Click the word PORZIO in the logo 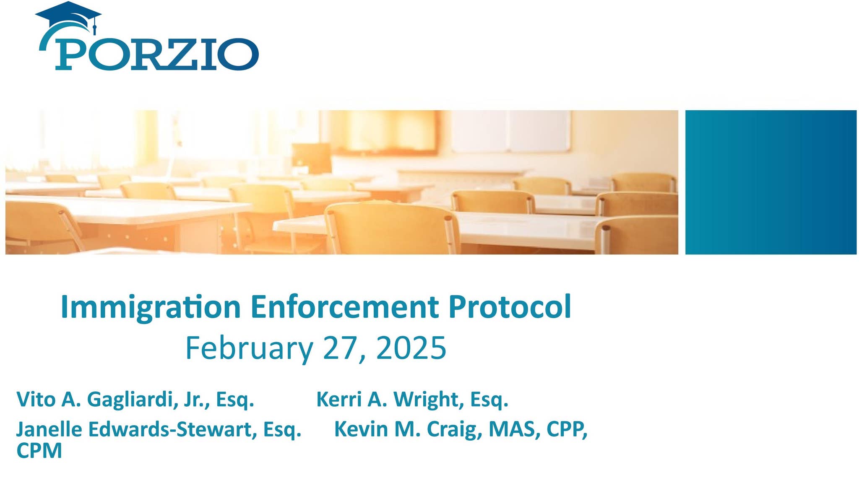(156, 55)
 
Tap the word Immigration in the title (150, 307)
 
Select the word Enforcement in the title (344, 307)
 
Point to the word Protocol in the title (509, 307)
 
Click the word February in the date (249, 348)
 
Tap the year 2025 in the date (411, 348)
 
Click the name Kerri (339, 399)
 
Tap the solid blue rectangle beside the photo (770, 182)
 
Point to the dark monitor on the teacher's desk (311, 158)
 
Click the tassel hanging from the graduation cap (95, 29)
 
